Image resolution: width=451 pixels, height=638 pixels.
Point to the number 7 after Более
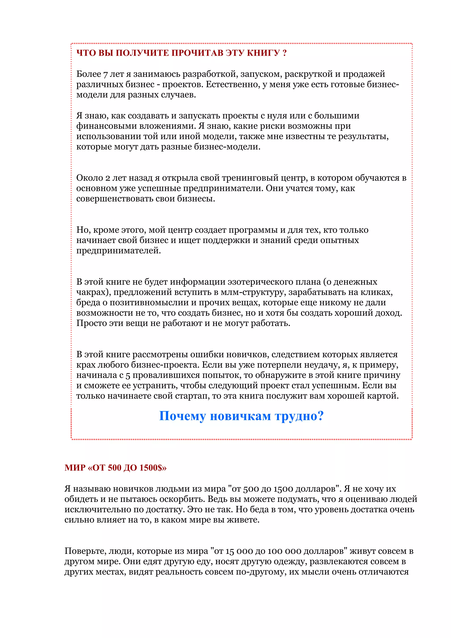coord(105,74)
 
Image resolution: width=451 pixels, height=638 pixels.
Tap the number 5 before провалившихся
coord(128,375)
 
